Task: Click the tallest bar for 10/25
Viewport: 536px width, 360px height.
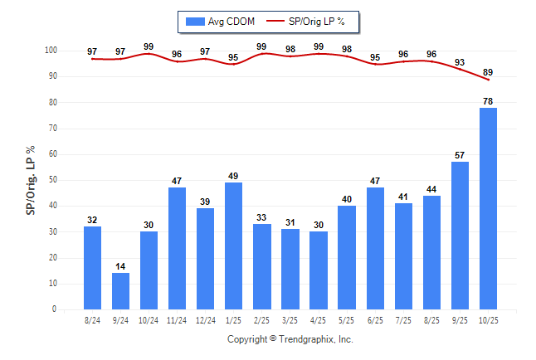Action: point(488,208)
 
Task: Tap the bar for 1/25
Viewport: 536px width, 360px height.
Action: point(233,246)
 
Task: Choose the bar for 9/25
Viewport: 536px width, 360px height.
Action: point(460,236)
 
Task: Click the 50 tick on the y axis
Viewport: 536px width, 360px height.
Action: point(52,180)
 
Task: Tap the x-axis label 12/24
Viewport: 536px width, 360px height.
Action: point(205,320)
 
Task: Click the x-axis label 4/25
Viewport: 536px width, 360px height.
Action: point(319,320)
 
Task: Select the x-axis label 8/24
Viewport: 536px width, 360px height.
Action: point(92,320)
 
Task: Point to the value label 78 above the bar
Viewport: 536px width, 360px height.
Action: point(488,101)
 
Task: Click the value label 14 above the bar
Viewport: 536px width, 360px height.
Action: point(120,266)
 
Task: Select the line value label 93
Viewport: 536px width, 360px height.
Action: point(460,62)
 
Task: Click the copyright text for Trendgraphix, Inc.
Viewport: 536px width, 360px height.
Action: point(290,339)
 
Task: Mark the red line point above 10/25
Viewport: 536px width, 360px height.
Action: point(488,80)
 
